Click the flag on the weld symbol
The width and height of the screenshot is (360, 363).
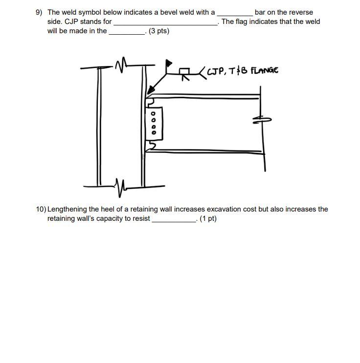click(x=169, y=63)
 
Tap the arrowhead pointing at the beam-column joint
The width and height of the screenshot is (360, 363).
click(x=151, y=89)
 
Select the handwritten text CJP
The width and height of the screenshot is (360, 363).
click(x=215, y=71)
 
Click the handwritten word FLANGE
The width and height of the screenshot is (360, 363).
click(x=264, y=70)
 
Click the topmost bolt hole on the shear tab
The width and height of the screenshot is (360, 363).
click(x=154, y=114)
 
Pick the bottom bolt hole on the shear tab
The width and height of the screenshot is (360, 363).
click(x=154, y=132)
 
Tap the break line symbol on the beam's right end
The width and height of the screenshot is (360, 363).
click(x=261, y=120)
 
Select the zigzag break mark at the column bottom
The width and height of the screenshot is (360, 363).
click(x=119, y=185)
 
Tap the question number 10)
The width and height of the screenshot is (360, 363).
click(x=41, y=209)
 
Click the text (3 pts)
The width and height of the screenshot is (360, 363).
click(x=159, y=31)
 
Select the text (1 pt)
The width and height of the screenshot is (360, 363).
click(x=208, y=218)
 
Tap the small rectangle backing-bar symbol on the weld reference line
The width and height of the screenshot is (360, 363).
click(x=185, y=72)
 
